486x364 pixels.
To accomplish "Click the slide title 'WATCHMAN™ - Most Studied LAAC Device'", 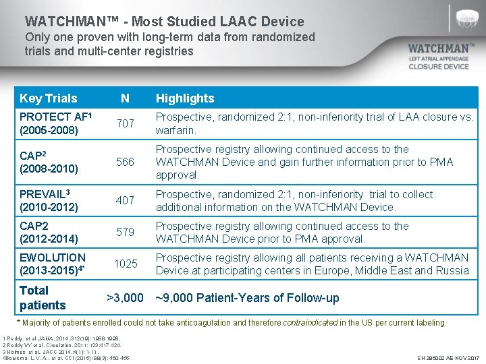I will tap(164, 22).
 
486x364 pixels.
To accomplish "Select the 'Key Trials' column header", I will tap(49, 98).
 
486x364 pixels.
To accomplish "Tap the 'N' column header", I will tap(125, 98).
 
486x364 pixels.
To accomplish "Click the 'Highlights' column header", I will tap(184, 98).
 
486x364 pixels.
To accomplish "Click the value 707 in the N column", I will tap(125, 124).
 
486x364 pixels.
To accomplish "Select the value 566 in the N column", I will tap(125, 162).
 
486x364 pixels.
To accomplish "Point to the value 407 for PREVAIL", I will tap(125, 201).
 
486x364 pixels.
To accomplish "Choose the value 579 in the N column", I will tap(125, 233).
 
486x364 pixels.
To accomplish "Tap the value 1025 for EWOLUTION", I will tap(125, 264).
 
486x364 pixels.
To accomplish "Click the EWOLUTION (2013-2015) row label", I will tap(53, 264).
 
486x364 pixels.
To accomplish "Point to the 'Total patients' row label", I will tap(43, 298).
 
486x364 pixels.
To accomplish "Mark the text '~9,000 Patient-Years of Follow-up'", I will tap(247, 298).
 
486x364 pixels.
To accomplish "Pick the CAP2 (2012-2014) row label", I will tap(49, 233).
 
